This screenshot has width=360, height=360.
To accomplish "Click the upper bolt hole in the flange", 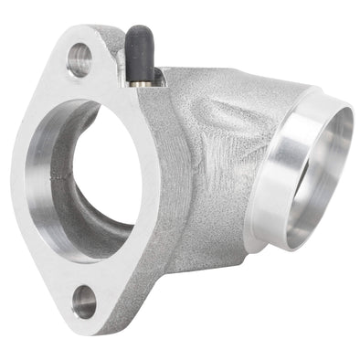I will pyautogui.click(x=79, y=58).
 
